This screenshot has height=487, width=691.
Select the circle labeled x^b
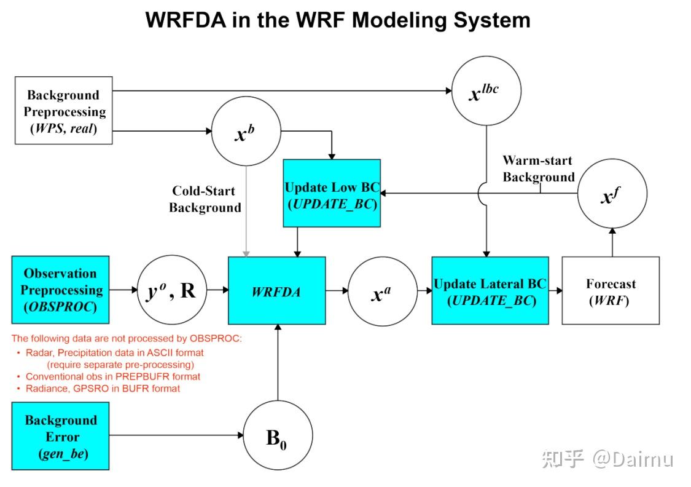(x=246, y=132)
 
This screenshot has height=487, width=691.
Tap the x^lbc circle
(x=486, y=92)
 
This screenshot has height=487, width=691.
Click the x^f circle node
(x=612, y=194)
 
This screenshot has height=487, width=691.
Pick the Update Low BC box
(x=332, y=193)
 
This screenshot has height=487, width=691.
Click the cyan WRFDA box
(x=276, y=290)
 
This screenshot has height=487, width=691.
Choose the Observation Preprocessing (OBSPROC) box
(x=60, y=290)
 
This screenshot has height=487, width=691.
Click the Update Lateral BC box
(x=490, y=290)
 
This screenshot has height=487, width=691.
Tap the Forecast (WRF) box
(x=611, y=290)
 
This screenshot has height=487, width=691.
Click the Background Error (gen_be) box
(x=60, y=436)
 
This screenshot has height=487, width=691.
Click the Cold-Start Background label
(x=205, y=199)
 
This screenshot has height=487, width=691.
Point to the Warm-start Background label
(x=538, y=168)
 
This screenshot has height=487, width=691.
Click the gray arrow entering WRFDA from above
(x=246, y=215)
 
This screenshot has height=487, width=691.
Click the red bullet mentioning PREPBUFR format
(x=112, y=376)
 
